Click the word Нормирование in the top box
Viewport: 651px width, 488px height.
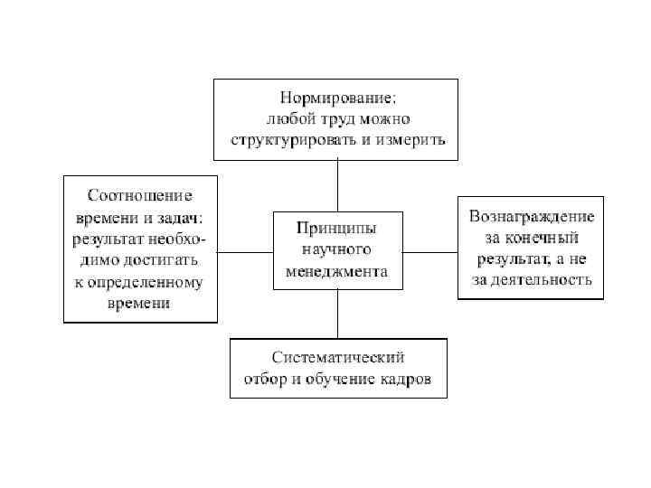click(335, 96)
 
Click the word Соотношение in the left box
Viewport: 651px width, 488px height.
click(140, 194)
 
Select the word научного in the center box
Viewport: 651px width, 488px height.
click(336, 249)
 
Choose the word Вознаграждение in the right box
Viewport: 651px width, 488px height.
click(531, 217)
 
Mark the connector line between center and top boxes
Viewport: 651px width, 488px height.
click(337, 185)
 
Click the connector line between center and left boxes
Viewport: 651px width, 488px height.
click(245, 252)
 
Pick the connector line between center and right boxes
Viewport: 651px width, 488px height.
click(429, 252)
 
